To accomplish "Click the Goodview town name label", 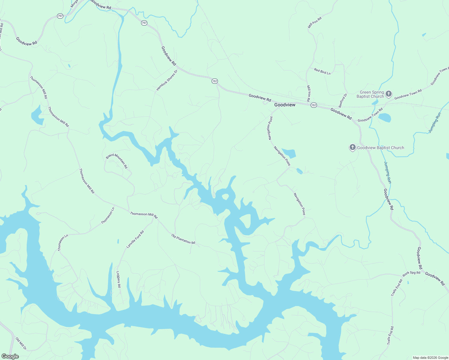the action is tap(285, 105).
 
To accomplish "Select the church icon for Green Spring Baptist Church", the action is tap(388, 94).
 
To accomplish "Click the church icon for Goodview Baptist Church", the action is tap(352, 147).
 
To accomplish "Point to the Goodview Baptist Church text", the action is tap(380, 148).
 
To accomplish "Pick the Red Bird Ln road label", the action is tap(322, 71).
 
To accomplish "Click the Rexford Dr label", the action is tap(343, 100).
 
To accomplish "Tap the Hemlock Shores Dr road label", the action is tap(167, 80).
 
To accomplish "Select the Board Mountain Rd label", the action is tap(117, 161).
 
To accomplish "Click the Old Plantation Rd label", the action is tap(183, 239).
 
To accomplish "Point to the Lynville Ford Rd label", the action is tap(135, 239).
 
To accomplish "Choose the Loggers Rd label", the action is tap(119, 279).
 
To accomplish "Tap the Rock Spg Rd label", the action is tap(411, 273).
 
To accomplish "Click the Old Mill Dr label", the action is tap(21, 343).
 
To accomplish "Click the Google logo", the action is tap(10, 356).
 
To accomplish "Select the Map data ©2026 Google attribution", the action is tap(430, 358).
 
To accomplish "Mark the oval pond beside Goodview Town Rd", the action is tap(384, 118).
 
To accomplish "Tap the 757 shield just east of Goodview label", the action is tap(314, 105).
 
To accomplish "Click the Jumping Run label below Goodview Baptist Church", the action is tap(387, 172).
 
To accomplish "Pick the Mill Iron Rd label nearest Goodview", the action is tap(309, 93).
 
